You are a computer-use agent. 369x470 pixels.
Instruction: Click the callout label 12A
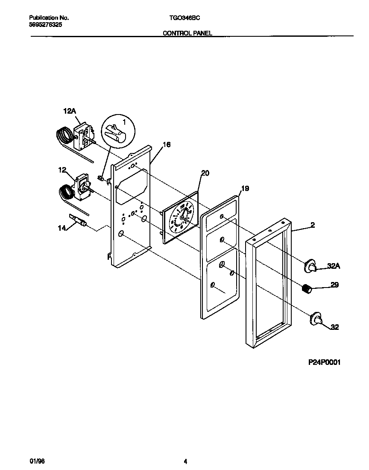(x=69, y=111)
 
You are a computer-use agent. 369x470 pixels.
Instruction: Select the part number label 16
(x=167, y=145)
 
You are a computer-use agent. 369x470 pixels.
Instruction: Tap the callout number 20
(x=205, y=173)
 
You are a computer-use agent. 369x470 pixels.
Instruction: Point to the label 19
(x=245, y=188)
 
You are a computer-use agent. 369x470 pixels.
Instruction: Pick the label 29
(x=335, y=285)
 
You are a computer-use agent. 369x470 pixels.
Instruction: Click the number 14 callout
(x=62, y=228)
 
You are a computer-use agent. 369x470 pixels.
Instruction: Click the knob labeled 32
(x=316, y=319)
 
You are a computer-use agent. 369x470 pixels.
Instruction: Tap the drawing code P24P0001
(x=325, y=362)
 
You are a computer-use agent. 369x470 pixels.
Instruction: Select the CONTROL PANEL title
(x=187, y=33)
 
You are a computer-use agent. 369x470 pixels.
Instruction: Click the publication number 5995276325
(x=46, y=25)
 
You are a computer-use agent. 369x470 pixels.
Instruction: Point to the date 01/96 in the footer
(x=38, y=461)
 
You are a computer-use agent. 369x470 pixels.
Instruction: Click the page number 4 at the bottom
(x=185, y=461)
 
